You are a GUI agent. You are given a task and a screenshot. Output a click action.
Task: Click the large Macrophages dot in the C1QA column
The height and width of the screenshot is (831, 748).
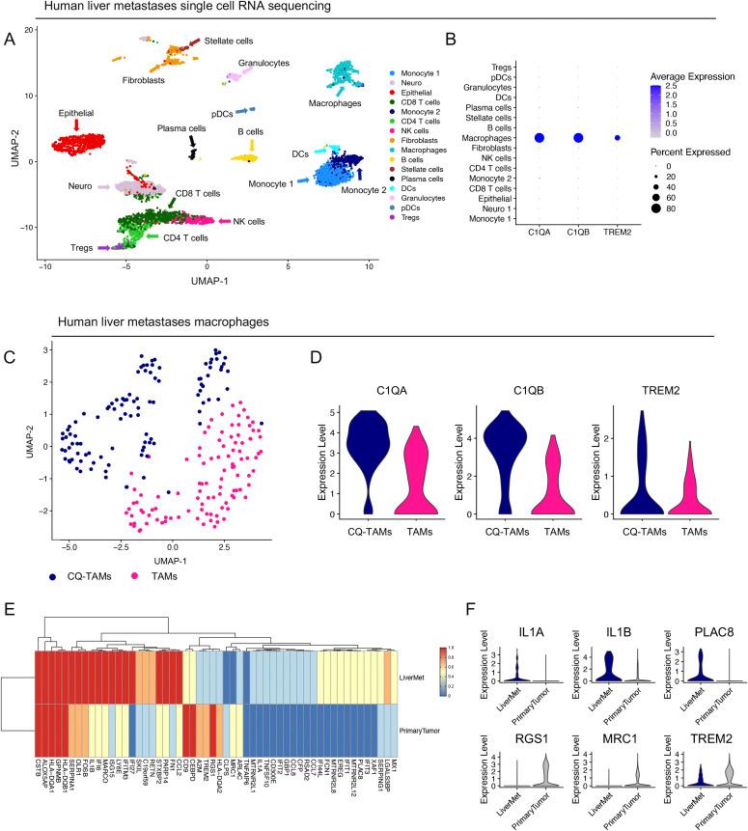(x=540, y=138)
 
